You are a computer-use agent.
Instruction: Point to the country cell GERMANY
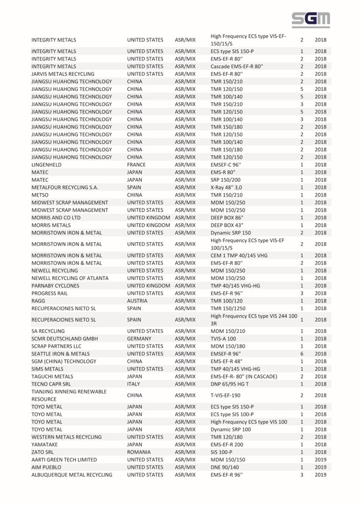click(141, 339)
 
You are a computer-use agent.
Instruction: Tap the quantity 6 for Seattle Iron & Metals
click(301, 354)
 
